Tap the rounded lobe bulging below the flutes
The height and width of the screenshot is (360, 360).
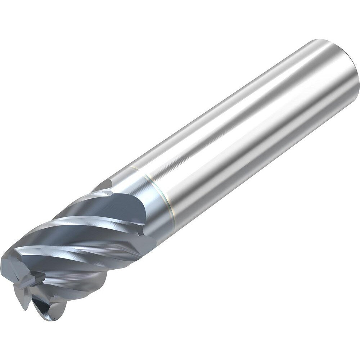tap(90, 284)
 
